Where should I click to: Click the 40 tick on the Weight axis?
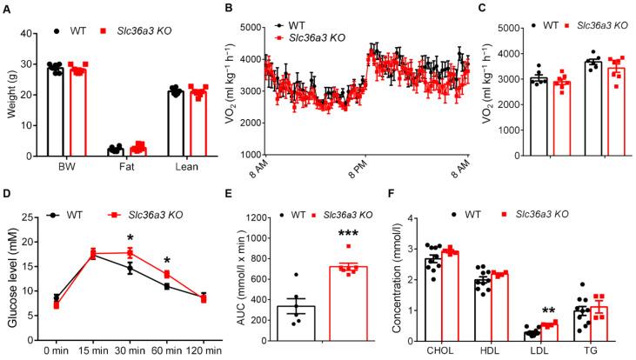[34, 34]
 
